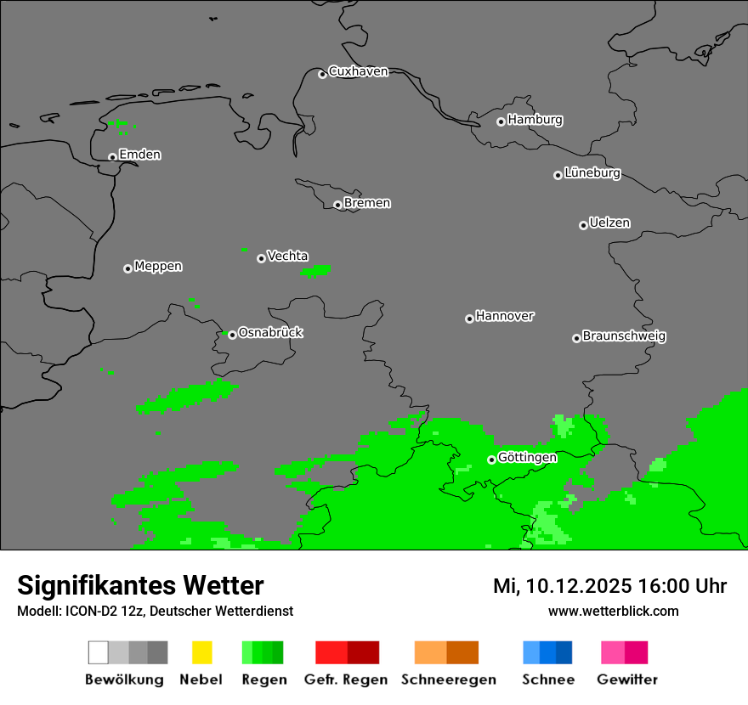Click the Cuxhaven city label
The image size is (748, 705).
tap(358, 72)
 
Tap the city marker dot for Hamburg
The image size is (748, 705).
tap(501, 121)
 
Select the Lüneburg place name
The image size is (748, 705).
tap(592, 173)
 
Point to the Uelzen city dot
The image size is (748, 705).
tap(583, 225)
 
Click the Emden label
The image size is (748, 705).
tap(139, 155)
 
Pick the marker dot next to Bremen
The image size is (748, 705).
tap(337, 205)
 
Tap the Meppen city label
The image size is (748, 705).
tap(158, 267)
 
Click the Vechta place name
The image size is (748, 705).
tap(287, 257)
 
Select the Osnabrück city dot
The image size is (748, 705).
tap(232, 335)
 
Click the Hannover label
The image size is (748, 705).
tap(504, 316)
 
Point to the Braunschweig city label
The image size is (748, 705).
tap(624, 336)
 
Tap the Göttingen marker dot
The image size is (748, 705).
tap(491, 460)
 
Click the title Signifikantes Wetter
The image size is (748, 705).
tap(140, 585)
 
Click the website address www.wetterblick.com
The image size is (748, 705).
tap(613, 612)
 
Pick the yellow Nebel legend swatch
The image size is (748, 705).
tap(201, 652)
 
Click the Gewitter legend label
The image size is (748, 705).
tap(627, 680)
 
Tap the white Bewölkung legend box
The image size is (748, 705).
tap(99, 652)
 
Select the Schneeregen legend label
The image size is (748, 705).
tap(448, 680)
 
